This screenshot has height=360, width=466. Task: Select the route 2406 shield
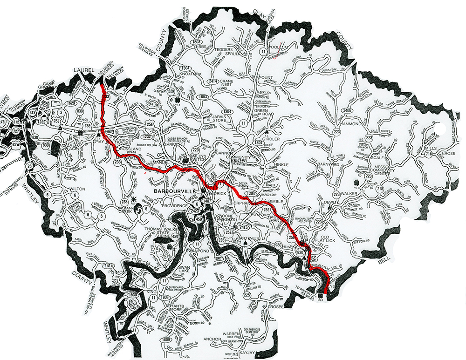click(x=346, y=110)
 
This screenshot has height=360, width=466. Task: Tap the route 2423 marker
click(x=194, y=211)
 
